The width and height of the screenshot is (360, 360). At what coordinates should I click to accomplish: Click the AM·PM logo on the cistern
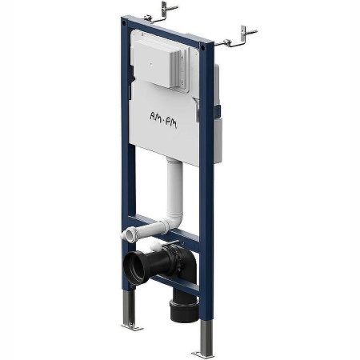(x=163, y=120)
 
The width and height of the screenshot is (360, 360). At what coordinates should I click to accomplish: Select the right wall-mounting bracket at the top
(x=236, y=38)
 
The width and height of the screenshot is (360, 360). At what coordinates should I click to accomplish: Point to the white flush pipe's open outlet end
(x=127, y=234)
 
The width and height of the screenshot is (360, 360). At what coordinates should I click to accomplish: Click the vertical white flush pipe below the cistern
(x=174, y=186)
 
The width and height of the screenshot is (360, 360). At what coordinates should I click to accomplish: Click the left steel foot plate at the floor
(x=132, y=326)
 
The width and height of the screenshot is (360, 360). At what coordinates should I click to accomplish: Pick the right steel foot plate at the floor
(x=203, y=354)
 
